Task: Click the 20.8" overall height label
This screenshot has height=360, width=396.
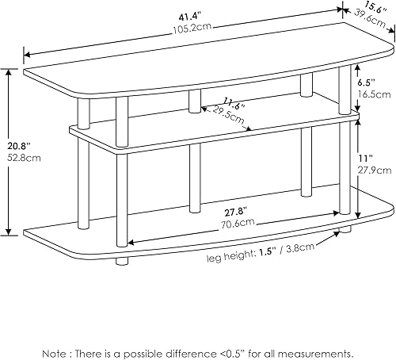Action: coord(16,145)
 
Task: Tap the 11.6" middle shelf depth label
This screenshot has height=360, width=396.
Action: coord(211,104)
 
